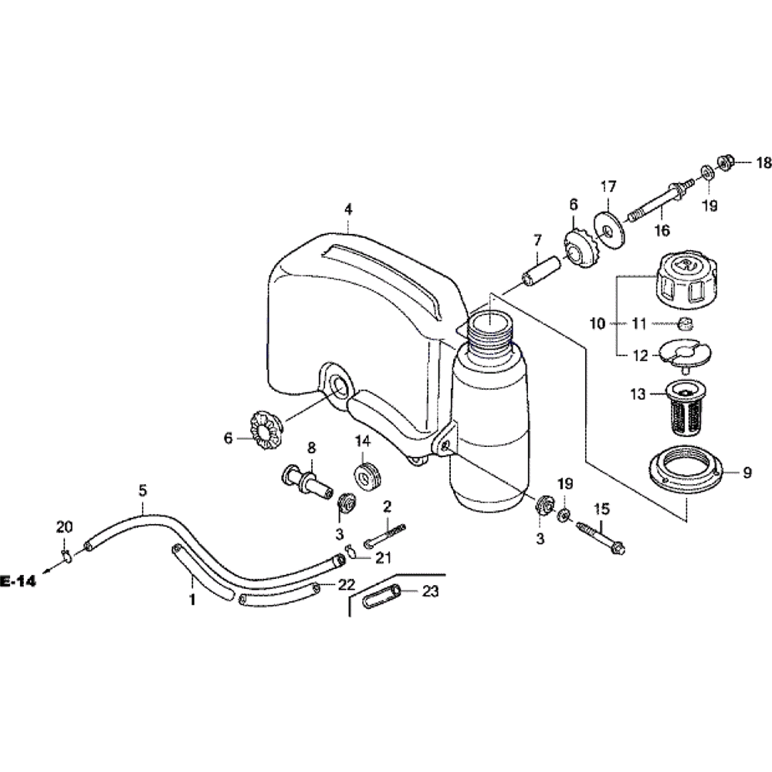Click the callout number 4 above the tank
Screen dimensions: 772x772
348,208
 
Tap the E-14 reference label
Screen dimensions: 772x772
19,581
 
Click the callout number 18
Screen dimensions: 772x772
764,163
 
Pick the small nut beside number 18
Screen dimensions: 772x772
725,162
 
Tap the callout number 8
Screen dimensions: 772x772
312,447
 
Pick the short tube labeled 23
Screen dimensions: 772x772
381,598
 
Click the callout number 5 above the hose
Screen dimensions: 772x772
143,489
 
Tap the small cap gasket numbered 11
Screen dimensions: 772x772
683,323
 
